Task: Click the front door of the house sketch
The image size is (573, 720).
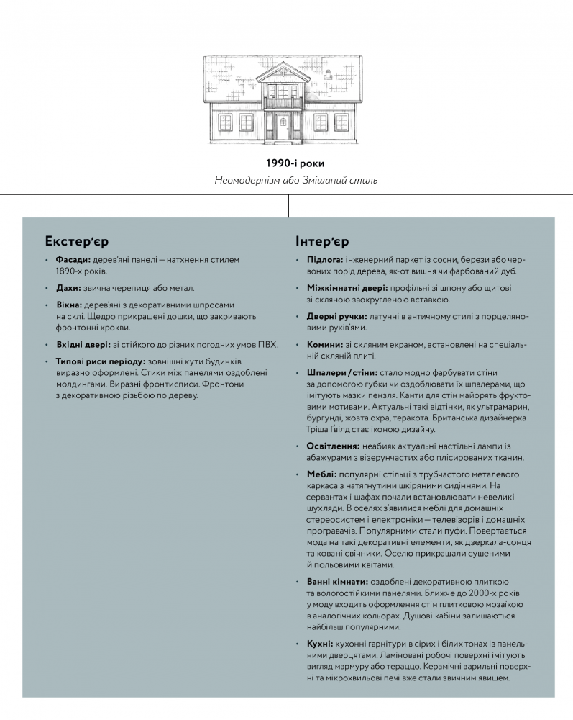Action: click(x=283, y=127)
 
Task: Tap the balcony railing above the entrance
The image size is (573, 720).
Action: click(x=283, y=102)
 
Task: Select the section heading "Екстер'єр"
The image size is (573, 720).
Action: click(x=76, y=240)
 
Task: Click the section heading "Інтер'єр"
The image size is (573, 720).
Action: click(x=322, y=240)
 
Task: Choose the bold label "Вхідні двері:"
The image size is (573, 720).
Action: click(x=83, y=344)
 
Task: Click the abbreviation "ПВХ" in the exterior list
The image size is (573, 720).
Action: click(x=267, y=344)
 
